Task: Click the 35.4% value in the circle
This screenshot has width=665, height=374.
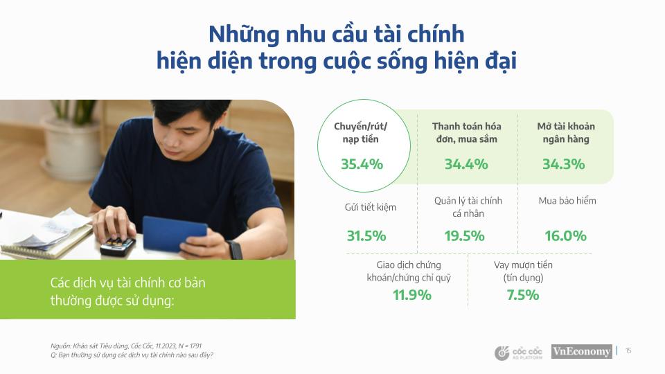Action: point(362,165)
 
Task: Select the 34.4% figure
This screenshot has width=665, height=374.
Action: point(466,165)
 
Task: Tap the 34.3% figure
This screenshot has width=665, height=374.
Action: point(564,165)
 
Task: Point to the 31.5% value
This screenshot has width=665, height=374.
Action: point(366,236)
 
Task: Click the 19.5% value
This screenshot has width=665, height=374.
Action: point(464,236)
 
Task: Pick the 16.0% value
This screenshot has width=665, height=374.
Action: point(565,236)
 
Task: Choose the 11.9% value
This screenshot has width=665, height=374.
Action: point(412,295)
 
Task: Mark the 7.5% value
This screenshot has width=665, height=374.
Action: point(523,295)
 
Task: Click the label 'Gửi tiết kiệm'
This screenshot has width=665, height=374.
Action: point(371,207)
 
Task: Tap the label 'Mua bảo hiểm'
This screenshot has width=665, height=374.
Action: point(567,201)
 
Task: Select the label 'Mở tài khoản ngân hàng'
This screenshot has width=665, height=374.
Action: point(566,132)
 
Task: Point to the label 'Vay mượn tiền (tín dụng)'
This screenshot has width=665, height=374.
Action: point(523,271)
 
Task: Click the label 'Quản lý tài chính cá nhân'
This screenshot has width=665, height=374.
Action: point(468,206)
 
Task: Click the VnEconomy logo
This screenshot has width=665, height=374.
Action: point(581,351)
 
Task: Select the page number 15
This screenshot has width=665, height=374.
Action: point(628,351)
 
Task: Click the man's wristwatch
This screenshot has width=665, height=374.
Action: point(235,249)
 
